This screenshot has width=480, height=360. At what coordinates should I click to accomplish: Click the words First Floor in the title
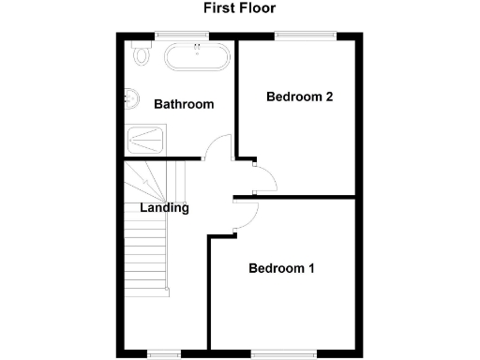[x=240, y=8]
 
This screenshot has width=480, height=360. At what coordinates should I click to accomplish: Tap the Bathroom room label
[x=185, y=104]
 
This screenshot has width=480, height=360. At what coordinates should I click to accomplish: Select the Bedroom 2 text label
[x=300, y=97]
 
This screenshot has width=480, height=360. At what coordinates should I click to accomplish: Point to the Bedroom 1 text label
[x=281, y=269]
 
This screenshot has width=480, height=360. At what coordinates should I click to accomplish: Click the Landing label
[x=164, y=208]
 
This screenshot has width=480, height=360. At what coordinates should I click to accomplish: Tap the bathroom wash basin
[x=129, y=97]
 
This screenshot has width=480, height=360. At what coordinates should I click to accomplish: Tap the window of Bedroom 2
[x=304, y=36]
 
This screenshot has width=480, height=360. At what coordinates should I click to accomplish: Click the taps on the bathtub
[x=198, y=47]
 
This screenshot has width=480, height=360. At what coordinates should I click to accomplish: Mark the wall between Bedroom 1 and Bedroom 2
[x=295, y=197]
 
